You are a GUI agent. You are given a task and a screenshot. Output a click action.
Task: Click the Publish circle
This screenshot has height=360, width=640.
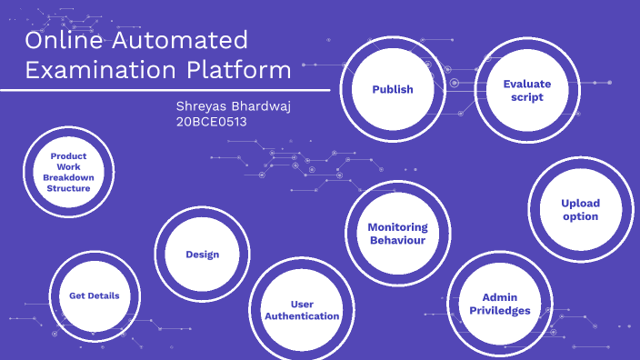click(x=392, y=89)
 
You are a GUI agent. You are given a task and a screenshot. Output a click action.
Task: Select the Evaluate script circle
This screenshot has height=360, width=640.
click(x=527, y=90)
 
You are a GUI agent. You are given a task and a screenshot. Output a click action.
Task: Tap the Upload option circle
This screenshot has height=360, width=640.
click(x=580, y=210)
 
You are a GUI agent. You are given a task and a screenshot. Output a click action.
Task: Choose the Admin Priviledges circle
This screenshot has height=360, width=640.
click(x=499, y=304)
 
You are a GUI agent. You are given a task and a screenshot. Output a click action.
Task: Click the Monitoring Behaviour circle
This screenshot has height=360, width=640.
click(x=397, y=234)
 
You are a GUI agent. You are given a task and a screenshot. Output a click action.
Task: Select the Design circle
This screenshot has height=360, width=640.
click(x=202, y=255)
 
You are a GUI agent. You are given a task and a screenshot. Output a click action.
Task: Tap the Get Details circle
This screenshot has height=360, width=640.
click(x=95, y=296)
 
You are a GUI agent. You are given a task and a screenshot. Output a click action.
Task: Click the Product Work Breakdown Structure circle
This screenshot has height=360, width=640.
click(x=68, y=172)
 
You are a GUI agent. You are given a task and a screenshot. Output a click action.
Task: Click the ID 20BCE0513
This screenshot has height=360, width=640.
click(x=211, y=122)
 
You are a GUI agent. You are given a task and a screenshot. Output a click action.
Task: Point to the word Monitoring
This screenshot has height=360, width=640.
click(x=397, y=226)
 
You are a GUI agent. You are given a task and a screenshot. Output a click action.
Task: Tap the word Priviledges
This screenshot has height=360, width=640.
click(x=499, y=310)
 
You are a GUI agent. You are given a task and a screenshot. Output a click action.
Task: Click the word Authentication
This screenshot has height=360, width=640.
click(x=302, y=316)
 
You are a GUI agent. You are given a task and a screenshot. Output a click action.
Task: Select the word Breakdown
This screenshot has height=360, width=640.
click(x=68, y=177)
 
